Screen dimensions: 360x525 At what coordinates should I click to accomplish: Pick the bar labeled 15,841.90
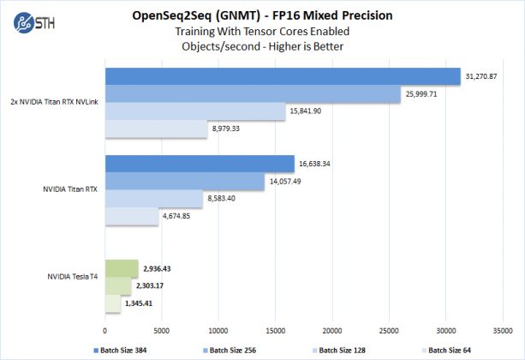195,111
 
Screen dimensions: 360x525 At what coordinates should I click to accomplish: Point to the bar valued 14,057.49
185,182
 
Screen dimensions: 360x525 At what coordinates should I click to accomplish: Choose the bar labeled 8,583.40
154,199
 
